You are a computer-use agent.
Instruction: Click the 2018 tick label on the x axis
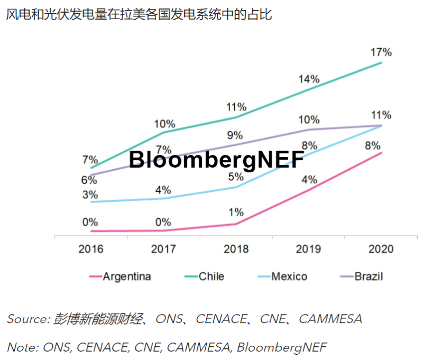236,248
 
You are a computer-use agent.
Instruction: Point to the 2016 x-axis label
91,248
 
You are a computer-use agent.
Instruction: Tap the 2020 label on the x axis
381,248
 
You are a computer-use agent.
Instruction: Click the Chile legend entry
211,276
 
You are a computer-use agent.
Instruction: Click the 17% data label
381,52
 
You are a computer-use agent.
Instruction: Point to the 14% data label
308,79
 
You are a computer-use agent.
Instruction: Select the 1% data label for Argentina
236,213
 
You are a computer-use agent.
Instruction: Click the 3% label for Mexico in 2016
90,194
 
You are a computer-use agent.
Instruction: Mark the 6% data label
89,180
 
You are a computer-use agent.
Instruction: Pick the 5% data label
236,177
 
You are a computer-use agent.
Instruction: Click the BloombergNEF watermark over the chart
216,159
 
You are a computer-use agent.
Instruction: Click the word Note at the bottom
21,347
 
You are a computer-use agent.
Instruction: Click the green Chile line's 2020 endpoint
381,63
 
